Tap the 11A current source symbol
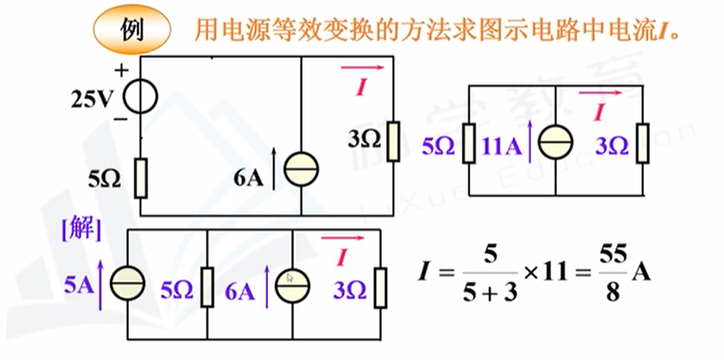pyautogui.click(x=555, y=144)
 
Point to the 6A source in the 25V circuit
pyautogui.click(x=301, y=171)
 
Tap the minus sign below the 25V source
pyautogui.click(x=121, y=119)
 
